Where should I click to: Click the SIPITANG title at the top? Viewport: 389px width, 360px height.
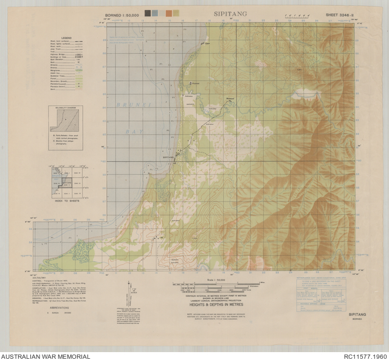click(227, 12)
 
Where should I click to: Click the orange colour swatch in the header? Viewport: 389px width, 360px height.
click(176, 13)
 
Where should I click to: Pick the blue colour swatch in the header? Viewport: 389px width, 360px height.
click(155, 13)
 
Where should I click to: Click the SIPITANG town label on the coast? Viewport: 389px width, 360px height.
click(170, 157)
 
